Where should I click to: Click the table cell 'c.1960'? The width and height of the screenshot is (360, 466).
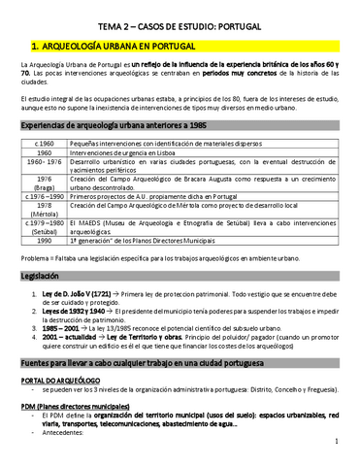[x=44, y=144]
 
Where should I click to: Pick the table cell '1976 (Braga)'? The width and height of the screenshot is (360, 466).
[x=44, y=183]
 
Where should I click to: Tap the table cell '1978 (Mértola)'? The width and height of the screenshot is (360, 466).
[x=44, y=211]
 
